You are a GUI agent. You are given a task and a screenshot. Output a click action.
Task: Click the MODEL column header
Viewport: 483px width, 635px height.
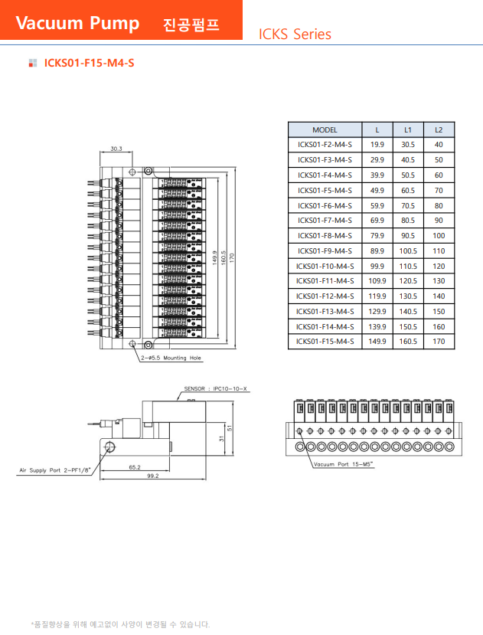[x=325, y=130]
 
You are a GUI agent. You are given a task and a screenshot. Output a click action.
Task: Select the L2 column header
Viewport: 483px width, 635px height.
[x=439, y=130]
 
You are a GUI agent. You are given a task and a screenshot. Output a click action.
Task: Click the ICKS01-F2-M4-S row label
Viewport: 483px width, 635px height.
[x=325, y=145]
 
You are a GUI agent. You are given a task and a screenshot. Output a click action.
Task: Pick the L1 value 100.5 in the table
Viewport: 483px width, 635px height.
[x=408, y=251]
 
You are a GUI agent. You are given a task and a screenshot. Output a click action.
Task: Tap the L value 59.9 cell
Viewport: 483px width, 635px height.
[x=377, y=206]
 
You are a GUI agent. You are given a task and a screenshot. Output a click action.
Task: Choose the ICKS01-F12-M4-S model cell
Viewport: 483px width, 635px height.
[x=325, y=296]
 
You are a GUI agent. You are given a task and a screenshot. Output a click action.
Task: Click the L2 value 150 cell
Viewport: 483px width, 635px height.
[x=439, y=312]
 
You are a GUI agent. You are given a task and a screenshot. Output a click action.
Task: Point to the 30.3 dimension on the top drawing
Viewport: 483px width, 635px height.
[x=116, y=149]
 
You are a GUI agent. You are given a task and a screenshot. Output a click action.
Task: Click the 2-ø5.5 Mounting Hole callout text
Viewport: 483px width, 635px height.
[x=171, y=358]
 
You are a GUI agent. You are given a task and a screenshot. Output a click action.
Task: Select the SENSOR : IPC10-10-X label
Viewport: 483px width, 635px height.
[x=215, y=389]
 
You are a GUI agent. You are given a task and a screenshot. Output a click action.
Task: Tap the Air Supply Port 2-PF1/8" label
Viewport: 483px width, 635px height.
[x=54, y=470]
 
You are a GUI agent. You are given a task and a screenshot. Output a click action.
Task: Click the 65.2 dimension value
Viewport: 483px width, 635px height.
[x=135, y=467]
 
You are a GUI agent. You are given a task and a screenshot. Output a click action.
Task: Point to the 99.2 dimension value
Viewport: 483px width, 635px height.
[x=153, y=476]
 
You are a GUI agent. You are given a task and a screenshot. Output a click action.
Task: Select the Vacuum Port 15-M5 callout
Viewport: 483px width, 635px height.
[x=344, y=464]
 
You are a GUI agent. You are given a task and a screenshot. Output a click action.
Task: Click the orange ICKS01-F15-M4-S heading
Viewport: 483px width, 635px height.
[x=89, y=63]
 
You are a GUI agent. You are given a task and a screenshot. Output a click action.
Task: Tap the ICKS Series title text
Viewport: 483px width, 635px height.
[x=295, y=34]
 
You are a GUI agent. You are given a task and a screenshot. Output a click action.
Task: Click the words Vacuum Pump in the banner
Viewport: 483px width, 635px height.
[x=77, y=23]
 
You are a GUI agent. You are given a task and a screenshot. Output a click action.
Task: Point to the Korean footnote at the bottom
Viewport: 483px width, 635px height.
[x=120, y=624]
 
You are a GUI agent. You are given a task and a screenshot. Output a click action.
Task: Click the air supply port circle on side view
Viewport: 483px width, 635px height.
[x=109, y=447]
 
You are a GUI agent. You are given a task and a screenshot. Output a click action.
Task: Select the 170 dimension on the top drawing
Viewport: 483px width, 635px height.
[x=232, y=257]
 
